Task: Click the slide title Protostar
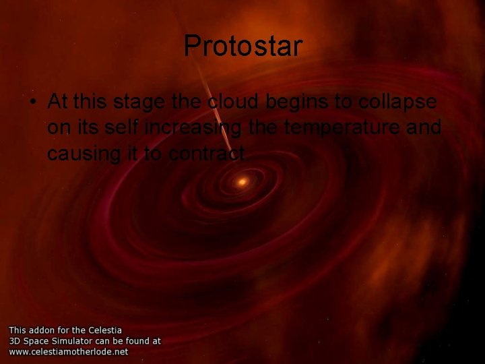point(243,46)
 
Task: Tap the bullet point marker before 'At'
point(32,102)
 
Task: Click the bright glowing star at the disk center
point(242,181)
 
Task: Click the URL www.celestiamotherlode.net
point(68,351)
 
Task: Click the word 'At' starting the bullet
point(58,102)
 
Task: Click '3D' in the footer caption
point(15,341)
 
